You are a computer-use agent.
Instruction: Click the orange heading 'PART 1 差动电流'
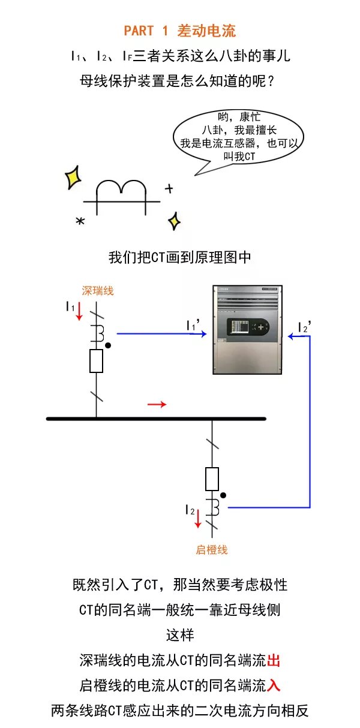point(180,31)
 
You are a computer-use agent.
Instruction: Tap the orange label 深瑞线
point(98,291)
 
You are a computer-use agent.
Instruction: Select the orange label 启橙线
point(212,549)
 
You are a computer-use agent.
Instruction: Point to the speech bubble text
point(239,137)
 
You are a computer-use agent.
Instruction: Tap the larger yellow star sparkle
point(73,177)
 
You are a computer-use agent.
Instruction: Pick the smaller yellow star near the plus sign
point(174,221)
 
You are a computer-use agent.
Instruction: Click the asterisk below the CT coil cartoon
point(80,222)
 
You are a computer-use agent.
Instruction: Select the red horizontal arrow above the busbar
point(157,405)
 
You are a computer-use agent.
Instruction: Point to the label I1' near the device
point(193,326)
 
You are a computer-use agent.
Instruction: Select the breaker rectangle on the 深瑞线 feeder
point(96,360)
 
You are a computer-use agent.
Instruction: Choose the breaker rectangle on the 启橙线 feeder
point(212,479)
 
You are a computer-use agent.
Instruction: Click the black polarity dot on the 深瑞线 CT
point(107,345)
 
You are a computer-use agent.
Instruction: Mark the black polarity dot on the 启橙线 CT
point(223,495)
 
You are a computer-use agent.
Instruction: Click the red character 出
point(274,661)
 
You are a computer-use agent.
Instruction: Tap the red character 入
point(274,685)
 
